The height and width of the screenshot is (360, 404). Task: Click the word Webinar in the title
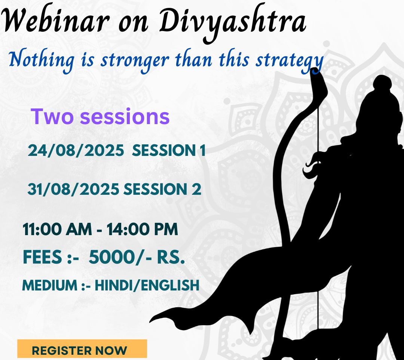(54, 21)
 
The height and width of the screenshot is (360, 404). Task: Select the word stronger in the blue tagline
(135, 61)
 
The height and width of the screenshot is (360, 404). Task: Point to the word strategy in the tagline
(289, 61)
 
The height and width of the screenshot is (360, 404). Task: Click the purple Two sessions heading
(100, 116)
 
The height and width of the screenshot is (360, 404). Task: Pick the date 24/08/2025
(76, 150)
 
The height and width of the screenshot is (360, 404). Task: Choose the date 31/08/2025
(73, 189)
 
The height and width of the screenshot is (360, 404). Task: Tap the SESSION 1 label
(169, 150)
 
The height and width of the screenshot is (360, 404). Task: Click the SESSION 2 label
(162, 189)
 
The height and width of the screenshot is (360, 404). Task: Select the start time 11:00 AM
(57, 229)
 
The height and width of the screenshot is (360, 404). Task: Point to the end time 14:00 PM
(142, 229)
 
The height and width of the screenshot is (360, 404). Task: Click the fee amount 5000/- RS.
(137, 257)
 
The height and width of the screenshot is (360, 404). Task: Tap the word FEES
(42, 257)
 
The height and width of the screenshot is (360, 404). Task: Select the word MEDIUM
(50, 285)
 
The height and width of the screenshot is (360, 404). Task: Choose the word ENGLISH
(168, 285)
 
